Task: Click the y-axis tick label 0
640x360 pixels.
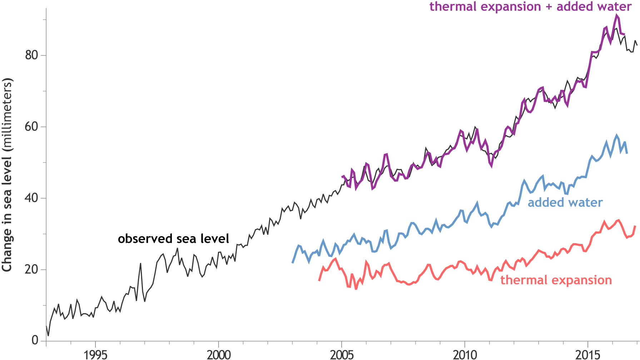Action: point(35,340)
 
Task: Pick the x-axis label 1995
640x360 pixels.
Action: point(95,355)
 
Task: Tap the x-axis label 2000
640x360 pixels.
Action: point(218,355)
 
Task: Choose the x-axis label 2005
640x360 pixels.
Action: point(342,355)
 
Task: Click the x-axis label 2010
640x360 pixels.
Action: point(465,355)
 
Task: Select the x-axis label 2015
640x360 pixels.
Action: point(588,355)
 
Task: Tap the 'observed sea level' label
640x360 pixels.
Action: point(173,239)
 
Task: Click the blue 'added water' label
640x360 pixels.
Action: point(565,202)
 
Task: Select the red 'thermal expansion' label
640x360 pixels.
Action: point(556,280)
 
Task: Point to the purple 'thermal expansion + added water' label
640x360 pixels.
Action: point(531,6)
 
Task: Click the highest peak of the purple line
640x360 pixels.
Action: point(616,15)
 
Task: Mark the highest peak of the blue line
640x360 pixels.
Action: point(617,135)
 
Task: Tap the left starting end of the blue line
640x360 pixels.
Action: point(293,262)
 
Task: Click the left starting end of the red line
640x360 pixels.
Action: point(319,281)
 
